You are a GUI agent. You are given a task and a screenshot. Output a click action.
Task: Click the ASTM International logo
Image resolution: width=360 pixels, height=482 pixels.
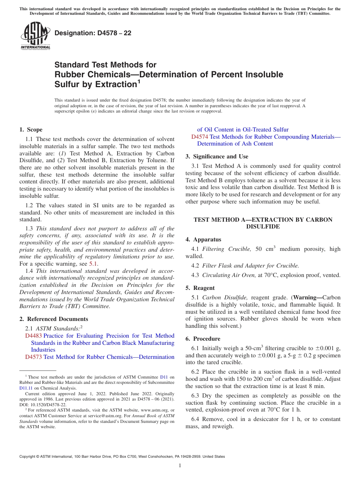[35, 36]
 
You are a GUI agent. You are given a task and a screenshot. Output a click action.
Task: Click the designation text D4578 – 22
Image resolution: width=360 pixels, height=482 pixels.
[93, 33]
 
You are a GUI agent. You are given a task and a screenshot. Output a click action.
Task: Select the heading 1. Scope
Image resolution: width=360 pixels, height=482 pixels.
[31, 130]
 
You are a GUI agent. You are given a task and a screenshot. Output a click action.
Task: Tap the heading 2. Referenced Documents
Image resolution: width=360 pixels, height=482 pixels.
[54, 319]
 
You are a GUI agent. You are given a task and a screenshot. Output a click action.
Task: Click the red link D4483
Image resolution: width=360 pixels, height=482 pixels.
[33, 336]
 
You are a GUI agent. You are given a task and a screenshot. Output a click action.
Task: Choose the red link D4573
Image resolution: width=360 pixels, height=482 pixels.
[33, 357]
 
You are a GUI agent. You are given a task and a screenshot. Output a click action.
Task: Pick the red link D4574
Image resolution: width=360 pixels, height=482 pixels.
[199, 136]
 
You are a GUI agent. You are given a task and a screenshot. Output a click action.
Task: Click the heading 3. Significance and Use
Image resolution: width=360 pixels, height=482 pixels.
[217, 156]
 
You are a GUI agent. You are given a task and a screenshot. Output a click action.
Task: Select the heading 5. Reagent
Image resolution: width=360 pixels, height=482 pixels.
[200, 288]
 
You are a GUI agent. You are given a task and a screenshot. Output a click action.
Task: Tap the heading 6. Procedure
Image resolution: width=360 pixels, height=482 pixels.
[203, 339]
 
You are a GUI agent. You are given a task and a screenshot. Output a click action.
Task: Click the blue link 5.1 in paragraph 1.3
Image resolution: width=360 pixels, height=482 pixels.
[93, 264]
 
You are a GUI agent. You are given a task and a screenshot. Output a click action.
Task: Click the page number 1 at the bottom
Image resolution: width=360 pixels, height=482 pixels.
[180, 465]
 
